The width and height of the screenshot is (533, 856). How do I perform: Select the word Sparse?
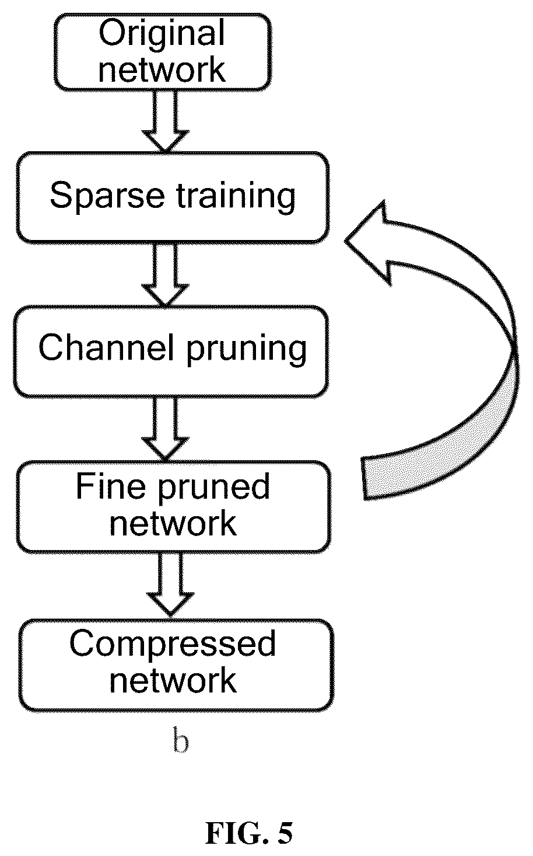[107, 196]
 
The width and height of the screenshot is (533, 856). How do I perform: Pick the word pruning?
[247, 349]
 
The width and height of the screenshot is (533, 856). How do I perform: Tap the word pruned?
[213, 488]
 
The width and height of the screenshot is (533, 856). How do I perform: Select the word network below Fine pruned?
[173, 523]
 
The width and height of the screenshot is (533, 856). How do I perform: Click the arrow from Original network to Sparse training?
[165, 121]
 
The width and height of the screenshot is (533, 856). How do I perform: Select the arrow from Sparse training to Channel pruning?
[165, 275]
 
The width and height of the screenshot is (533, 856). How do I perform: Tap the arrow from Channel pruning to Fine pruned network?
[165, 429]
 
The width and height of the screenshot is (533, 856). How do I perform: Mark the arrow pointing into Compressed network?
[170, 584]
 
